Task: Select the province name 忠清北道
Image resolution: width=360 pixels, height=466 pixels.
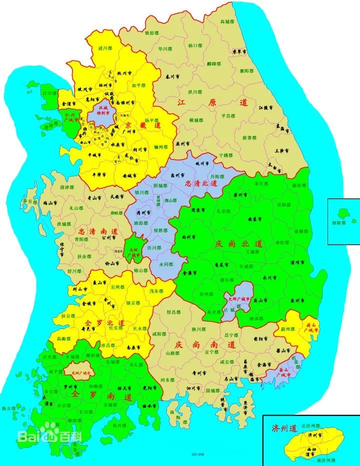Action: (x=201, y=183)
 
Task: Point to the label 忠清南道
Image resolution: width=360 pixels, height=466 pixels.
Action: (x=98, y=232)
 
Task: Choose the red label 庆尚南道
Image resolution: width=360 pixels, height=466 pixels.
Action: (x=205, y=345)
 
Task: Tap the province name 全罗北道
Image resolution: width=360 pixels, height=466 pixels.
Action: (x=104, y=323)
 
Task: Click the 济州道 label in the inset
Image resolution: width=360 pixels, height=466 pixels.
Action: (x=284, y=428)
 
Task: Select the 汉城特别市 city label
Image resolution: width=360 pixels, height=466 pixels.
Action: (x=103, y=110)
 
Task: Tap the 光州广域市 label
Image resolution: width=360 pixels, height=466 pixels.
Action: (x=80, y=373)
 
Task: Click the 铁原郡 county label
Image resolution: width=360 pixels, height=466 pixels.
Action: (x=152, y=33)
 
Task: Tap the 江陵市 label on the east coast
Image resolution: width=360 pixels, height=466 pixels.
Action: (x=266, y=107)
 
